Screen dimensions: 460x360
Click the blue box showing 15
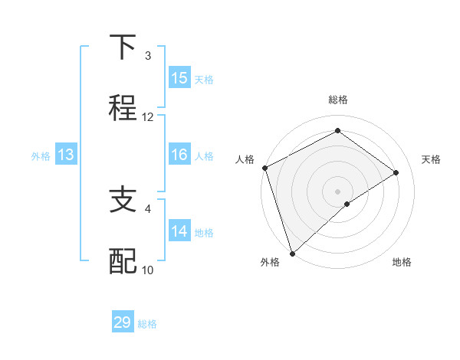pyautogui.click(x=179, y=78)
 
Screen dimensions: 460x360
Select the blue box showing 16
pyautogui.click(x=179, y=155)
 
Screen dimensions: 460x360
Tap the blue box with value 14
pyautogui.click(x=179, y=231)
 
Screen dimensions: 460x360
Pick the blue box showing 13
pyautogui.click(x=66, y=155)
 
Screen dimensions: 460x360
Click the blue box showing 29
pyautogui.click(x=123, y=322)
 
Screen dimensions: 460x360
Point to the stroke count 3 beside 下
pyautogui.click(x=148, y=56)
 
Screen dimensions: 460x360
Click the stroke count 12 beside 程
pyautogui.click(x=148, y=117)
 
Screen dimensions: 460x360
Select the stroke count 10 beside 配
pyautogui.click(x=148, y=270)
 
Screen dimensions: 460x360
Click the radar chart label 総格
pyautogui.click(x=338, y=100)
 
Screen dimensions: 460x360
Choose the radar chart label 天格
pyautogui.click(x=432, y=159)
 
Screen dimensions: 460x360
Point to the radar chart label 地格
pyautogui.click(x=402, y=263)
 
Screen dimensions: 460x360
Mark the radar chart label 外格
pyautogui.click(x=270, y=263)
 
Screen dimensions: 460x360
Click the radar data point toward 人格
pyautogui.click(x=264, y=168)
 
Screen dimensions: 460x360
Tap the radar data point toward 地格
pyautogui.click(x=347, y=204)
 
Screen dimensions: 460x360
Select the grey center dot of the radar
pyautogui.click(x=338, y=191)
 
